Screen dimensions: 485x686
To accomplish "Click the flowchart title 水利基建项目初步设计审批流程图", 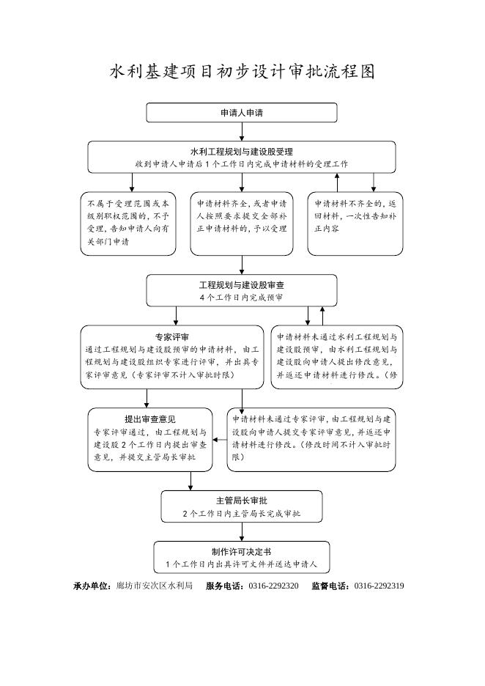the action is (x=242, y=72).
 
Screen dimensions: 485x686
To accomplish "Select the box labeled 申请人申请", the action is (x=242, y=113).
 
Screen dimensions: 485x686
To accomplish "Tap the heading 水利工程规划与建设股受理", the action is (x=242, y=152).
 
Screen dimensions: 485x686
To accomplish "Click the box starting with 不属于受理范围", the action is (x=128, y=224).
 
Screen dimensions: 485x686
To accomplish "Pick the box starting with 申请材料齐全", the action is (x=242, y=224).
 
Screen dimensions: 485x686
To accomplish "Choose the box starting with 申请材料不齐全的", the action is (x=355, y=224).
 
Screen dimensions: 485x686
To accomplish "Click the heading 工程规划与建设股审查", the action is (x=242, y=285).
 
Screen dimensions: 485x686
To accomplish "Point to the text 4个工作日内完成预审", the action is (x=242, y=298).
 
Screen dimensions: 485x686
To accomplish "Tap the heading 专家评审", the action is (x=172, y=337).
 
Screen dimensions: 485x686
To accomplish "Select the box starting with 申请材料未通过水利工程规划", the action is (x=337, y=357).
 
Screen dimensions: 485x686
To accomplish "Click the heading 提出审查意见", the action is (x=150, y=419).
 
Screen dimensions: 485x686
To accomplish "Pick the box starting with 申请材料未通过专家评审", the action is (x=311, y=440).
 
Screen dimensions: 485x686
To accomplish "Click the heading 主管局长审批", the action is (x=242, y=501).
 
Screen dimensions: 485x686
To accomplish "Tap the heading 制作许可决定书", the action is (x=242, y=552).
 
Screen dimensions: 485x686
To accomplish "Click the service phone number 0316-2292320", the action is (x=274, y=586).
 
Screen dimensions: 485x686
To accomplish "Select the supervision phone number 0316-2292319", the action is (x=380, y=586).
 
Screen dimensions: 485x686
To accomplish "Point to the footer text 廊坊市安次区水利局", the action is (x=155, y=586).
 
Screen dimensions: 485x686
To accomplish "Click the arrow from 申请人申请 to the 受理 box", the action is (x=242, y=132).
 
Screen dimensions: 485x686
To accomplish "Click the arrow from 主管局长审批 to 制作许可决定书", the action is (x=242, y=532).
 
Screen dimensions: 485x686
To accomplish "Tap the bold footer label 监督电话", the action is (x=330, y=586).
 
